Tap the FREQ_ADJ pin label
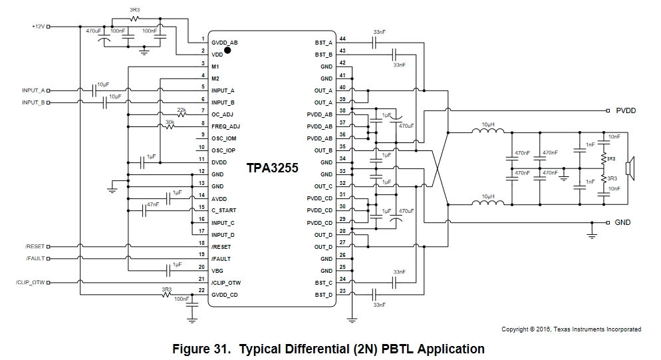225,126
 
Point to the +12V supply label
37,27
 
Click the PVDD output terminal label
626,110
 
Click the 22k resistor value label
181,109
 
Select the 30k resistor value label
170,122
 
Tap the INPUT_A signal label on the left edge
33,90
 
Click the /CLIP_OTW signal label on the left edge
29,283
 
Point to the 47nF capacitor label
153,204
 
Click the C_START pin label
223,210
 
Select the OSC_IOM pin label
223,138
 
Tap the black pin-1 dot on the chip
227,49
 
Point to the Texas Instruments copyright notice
571,329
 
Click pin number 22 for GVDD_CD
201,289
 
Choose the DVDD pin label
219,162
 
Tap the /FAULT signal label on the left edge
35,259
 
